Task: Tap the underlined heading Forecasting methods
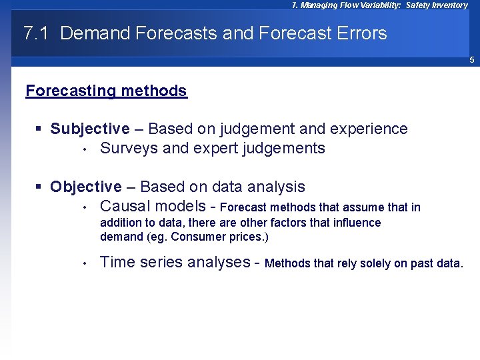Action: (106, 91)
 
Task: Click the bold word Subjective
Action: (90, 129)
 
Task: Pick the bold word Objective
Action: (86, 187)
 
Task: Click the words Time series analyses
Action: (175, 262)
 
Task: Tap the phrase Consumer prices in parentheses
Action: (223, 237)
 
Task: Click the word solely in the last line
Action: (374, 263)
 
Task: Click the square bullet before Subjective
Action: (41, 129)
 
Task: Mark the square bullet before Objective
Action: (41, 187)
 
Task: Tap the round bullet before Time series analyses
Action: (85, 263)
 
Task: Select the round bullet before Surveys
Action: (85, 149)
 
